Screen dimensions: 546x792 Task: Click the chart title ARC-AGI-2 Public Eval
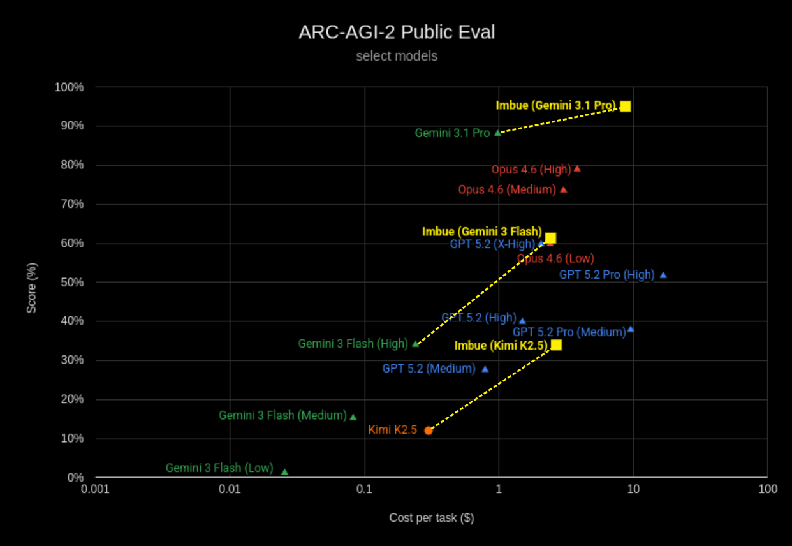[396, 32]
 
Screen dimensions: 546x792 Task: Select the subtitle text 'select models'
[396, 56]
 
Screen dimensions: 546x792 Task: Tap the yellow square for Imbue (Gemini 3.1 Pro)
[626, 106]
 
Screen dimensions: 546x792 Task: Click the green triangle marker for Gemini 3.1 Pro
[498, 133]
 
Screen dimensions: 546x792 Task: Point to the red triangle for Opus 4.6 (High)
[577, 168]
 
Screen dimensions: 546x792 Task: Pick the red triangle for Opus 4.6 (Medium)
[564, 189]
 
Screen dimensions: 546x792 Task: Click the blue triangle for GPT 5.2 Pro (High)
[663, 275]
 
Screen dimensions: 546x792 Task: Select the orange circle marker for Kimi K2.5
[429, 431]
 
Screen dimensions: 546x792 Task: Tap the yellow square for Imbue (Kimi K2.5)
[556, 345]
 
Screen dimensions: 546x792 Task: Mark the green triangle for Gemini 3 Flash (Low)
[284, 472]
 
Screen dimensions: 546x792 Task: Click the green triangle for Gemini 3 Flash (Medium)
[353, 417]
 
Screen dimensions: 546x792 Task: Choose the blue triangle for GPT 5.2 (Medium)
[485, 369]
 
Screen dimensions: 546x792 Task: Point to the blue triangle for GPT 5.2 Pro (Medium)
[631, 329]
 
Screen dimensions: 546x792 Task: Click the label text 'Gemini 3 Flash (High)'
[353, 344]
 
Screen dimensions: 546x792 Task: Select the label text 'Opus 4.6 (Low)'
[555, 258]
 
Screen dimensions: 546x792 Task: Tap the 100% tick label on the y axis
[70, 87]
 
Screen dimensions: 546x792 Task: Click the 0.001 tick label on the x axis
[95, 489]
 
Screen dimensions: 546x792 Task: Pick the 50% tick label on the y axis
[72, 282]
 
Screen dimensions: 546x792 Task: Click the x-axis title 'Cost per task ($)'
[431, 518]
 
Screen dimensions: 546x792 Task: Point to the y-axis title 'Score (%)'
[31, 288]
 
